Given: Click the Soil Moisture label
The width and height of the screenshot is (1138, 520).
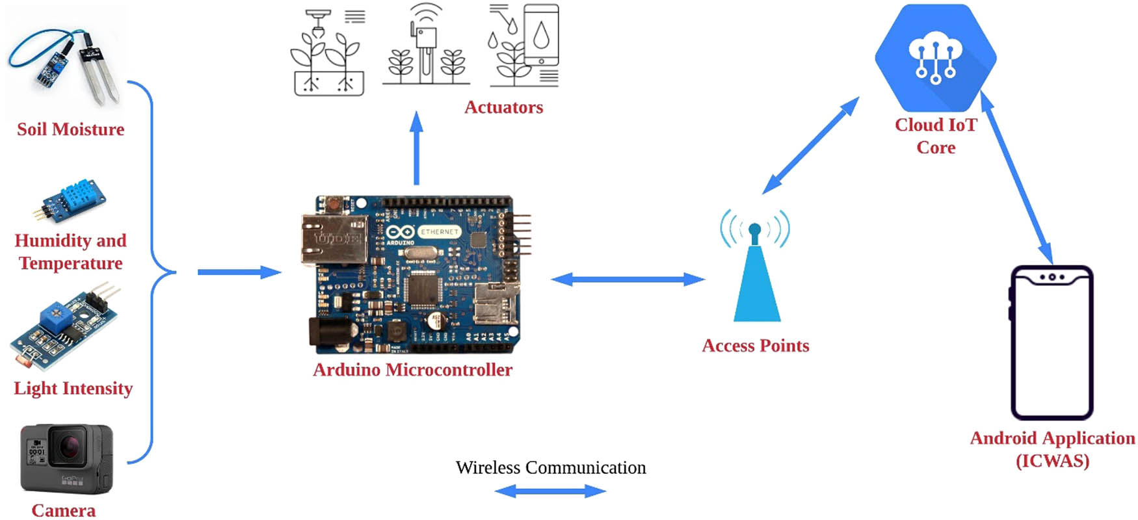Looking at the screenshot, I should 70,129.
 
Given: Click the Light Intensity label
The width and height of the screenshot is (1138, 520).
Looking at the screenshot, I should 73,388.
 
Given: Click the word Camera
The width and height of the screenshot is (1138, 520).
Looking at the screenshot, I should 64,510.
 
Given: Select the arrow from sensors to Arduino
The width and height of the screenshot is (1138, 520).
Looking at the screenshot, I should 239,272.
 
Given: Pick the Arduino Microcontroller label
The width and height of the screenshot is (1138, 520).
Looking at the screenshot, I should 412,370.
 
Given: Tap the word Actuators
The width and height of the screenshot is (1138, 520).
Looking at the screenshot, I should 503,107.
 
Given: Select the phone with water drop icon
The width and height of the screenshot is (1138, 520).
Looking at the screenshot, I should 541,36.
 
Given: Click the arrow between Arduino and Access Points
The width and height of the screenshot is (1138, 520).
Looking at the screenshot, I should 628,279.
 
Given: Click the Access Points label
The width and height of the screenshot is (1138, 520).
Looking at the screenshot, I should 755,346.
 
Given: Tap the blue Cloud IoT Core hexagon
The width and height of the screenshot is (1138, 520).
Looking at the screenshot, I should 935,58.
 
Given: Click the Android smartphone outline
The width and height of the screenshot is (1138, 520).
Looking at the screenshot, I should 1052,343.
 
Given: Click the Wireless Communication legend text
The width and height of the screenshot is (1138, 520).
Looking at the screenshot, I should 551,468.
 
